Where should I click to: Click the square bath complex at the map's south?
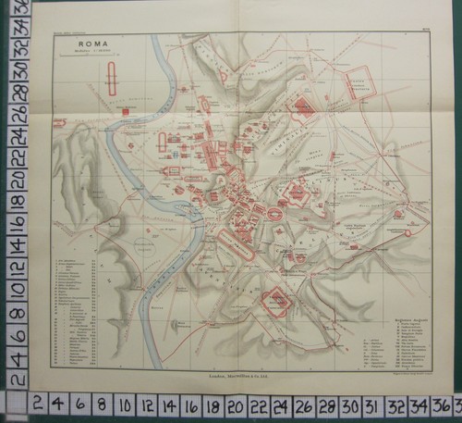[x=278, y=300]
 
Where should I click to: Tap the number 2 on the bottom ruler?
[x=38, y=404]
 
